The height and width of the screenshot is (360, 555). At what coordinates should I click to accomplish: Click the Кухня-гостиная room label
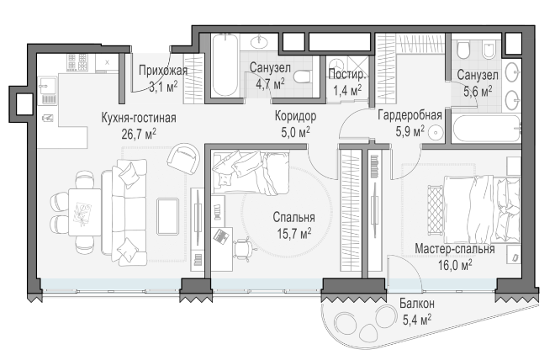[x=139, y=118]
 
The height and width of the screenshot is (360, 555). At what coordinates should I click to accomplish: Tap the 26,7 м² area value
[x=139, y=134]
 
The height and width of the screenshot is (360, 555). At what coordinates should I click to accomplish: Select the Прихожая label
[x=163, y=71]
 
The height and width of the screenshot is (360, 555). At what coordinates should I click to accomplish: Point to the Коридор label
[x=295, y=116]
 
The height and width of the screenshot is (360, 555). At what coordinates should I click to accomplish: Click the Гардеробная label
[x=410, y=115]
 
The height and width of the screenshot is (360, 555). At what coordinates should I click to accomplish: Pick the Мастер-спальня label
[x=454, y=248]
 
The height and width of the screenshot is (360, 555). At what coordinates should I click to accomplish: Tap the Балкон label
[x=417, y=304]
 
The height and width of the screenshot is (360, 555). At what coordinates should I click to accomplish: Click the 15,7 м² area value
[x=294, y=234]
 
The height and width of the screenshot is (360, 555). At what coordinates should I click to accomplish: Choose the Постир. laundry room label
[x=346, y=74]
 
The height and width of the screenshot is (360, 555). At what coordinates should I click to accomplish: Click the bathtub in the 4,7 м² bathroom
[x=225, y=65]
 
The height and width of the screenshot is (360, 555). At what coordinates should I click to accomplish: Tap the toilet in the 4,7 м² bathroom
[x=303, y=76]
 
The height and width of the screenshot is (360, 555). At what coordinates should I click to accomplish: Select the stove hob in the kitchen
[x=77, y=62]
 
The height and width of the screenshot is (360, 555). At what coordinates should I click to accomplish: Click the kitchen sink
[x=48, y=87]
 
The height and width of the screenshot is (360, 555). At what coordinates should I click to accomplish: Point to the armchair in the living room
[x=183, y=158]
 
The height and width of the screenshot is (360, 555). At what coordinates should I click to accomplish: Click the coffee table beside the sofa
[x=168, y=216]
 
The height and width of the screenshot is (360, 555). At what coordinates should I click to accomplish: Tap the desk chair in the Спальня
[x=245, y=248]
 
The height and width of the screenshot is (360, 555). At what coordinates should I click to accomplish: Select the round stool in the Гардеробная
[x=436, y=133]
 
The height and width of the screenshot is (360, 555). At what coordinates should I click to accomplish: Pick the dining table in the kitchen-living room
[x=85, y=212]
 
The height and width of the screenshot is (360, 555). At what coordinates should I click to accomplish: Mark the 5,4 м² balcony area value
[x=417, y=320]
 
